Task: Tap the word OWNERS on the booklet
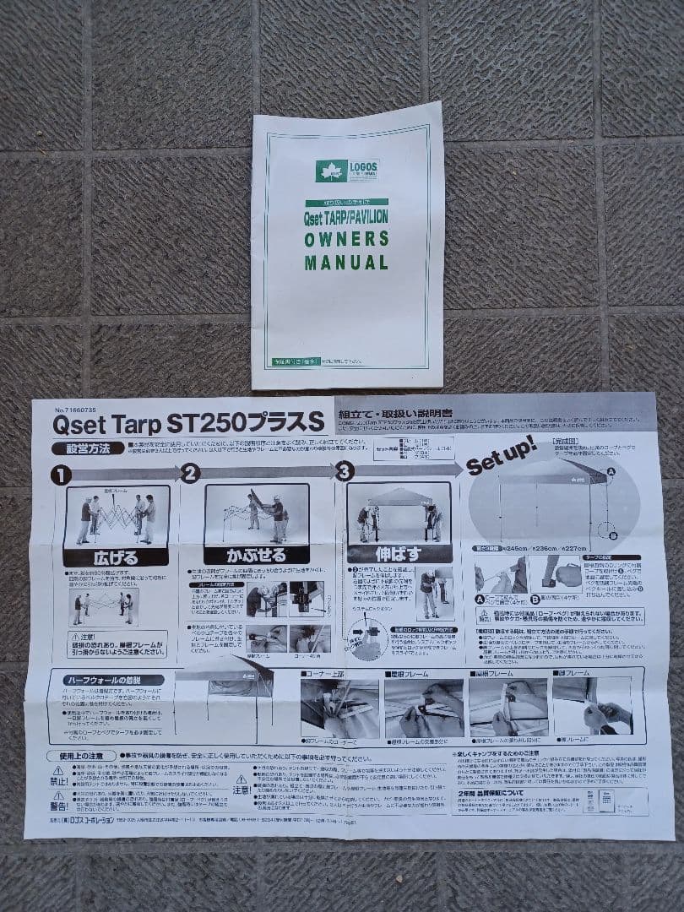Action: point(347,239)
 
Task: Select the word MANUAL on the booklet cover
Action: point(347,263)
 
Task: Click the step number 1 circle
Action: point(60,474)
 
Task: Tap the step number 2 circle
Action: point(190,473)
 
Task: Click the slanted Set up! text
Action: point(501,457)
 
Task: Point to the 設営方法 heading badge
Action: point(81,448)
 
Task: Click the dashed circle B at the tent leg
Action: point(609,531)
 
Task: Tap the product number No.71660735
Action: point(78,405)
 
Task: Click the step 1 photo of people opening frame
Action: point(116,515)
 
